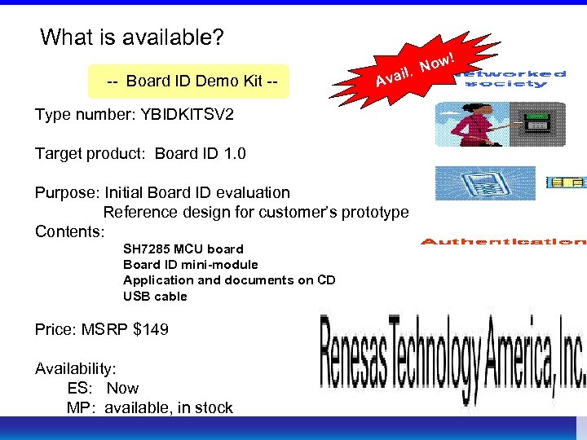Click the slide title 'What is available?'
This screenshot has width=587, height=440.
[132, 37]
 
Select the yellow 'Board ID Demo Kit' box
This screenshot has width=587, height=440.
[188, 81]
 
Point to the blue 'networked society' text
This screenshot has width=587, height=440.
[514, 78]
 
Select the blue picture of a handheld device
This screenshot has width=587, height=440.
[484, 183]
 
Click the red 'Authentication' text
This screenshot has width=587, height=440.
[503, 241]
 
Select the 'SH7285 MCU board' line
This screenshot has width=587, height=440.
[183, 249]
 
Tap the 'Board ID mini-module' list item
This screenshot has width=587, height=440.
[190, 264]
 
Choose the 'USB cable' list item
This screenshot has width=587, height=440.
[155, 296]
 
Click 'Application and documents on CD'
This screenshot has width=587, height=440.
[229, 279]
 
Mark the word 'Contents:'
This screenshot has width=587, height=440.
[70, 231]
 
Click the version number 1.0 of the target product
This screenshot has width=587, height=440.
[234, 153]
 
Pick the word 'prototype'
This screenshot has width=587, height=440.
[371, 212]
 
